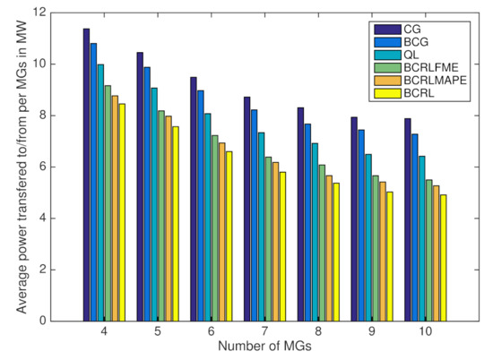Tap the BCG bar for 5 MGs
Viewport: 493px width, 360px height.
point(147,193)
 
